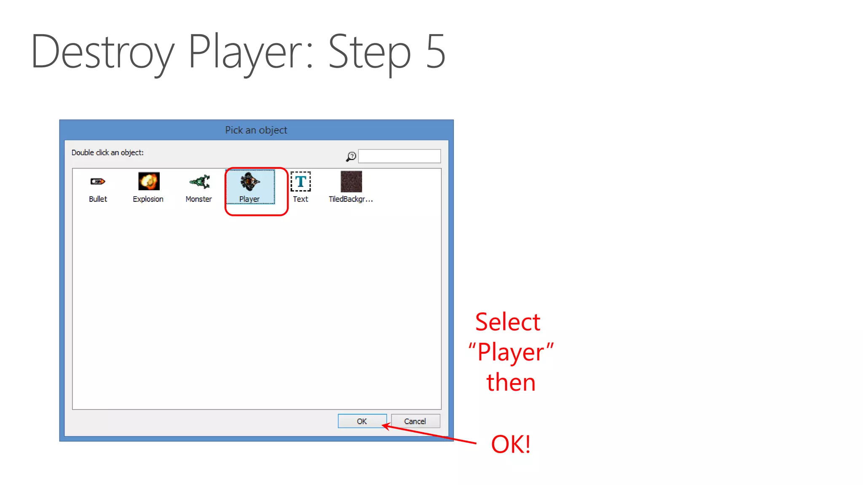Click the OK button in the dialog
tap(362, 421)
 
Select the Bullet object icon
tap(98, 181)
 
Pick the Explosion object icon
tap(149, 181)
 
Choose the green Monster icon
tap(200, 181)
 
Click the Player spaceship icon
tap(250, 181)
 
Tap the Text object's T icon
tap(300, 181)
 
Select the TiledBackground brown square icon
tap(351, 181)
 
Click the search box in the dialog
tap(399, 156)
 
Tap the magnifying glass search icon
tap(351, 157)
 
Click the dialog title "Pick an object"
tap(256, 130)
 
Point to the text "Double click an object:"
tap(107, 152)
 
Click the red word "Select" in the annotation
tap(507, 322)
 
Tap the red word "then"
tap(511, 382)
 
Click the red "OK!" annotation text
tap(511, 444)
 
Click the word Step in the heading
tap(369, 52)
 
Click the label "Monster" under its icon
tap(198, 199)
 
